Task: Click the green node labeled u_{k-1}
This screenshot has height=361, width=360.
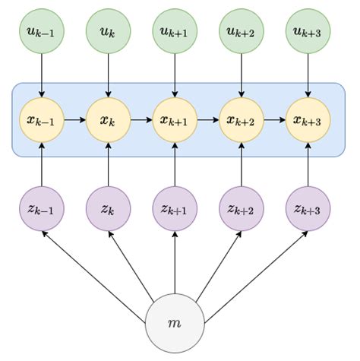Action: (42, 33)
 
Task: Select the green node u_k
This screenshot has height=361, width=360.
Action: (108, 33)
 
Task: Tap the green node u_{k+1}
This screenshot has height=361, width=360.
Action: (175, 33)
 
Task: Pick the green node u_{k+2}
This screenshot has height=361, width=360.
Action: (241, 33)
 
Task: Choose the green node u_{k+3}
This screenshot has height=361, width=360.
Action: (308, 33)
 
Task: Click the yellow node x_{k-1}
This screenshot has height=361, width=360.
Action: (42, 119)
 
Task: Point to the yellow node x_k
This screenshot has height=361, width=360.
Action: (108, 119)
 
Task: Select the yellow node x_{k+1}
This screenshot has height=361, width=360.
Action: (175, 119)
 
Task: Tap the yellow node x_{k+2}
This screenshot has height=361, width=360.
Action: (241, 119)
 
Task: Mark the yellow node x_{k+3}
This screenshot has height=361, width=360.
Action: (308, 119)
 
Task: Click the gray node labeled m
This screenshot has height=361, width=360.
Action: (175, 323)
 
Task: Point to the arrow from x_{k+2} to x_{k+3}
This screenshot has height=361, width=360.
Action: (274, 119)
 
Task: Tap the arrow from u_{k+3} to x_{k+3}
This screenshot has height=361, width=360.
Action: (308, 76)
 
